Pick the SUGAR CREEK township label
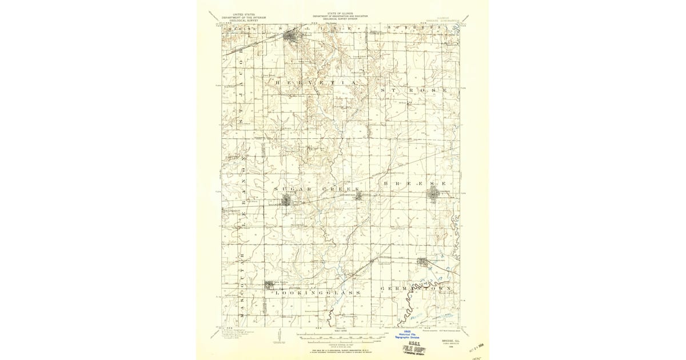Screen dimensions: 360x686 coord(316,189)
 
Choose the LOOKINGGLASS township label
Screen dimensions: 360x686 coord(318,293)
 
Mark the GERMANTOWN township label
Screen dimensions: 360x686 coord(416,289)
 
